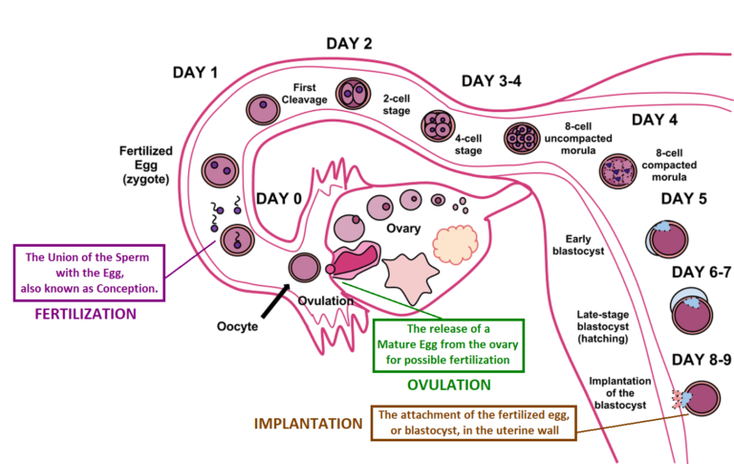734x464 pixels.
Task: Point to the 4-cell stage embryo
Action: pyautogui.click(x=438, y=125)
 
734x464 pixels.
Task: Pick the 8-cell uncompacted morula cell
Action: pyautogui.click(x=521, y=139)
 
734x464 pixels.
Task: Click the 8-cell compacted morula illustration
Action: pyautogui.click(x=616, y=171)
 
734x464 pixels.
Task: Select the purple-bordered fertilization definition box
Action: pyautogui.click(x=88, y=272)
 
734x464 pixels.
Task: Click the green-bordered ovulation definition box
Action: pyautogui.click(x=449, y=344)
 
